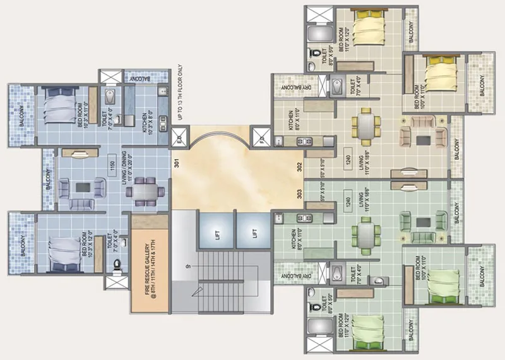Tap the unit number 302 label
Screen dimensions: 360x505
point(299,167)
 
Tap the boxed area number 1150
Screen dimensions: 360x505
point(112,162)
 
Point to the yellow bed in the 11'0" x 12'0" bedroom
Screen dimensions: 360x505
point(365,27)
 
